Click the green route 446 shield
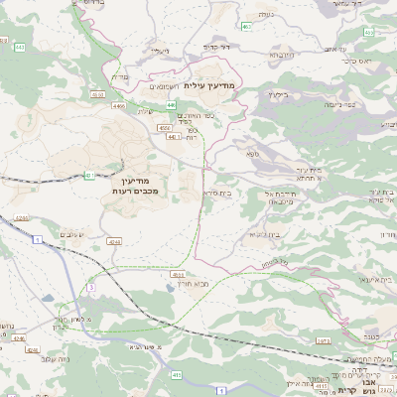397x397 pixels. point(171,104)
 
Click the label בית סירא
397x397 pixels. point(216,194)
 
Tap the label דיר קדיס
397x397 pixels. point(216,47)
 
